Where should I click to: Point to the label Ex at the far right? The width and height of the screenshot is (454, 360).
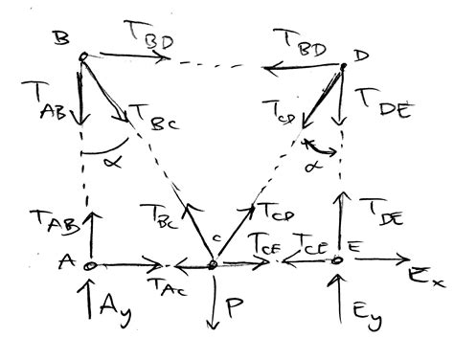tap(427, 280)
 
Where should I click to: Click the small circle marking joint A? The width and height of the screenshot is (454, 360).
tap(87, 265)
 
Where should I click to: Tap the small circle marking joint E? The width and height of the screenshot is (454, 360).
tap(337, 259)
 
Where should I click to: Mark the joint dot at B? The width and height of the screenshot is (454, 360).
tap(83, 56)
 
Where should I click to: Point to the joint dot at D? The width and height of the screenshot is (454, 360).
tap(341, 66)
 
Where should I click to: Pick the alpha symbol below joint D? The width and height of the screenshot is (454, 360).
tap(313, 165)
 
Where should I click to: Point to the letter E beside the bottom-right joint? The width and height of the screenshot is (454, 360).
tap(354, 246)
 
